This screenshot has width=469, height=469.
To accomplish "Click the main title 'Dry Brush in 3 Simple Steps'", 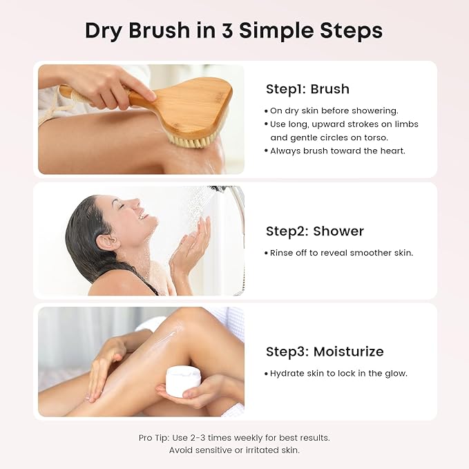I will pyautogui.click(x=233, y=31).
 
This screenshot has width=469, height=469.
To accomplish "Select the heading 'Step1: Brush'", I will pyautogui.click(x=307, y=89).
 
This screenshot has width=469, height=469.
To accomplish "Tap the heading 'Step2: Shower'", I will pyautogui.click(x=314, y=231).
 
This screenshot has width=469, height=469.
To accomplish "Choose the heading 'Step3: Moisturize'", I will pyautogui.click(x=324, y=352).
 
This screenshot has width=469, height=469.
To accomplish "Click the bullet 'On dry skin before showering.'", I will pyautogui.click(x=334, y=111).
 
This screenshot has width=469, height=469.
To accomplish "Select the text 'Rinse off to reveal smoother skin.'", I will pyautogui.click(x=341, y=253).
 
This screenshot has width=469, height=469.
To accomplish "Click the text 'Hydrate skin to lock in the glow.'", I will pyautogui.click(x=338, y=374).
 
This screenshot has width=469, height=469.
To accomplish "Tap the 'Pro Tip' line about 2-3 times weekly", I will pyautogui.click(x=233, y=438).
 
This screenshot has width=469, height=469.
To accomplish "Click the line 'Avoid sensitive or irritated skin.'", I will pyautogui.click(x=233, y=450).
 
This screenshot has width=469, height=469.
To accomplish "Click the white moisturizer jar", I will pyautogui.click(x=183, y=381).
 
